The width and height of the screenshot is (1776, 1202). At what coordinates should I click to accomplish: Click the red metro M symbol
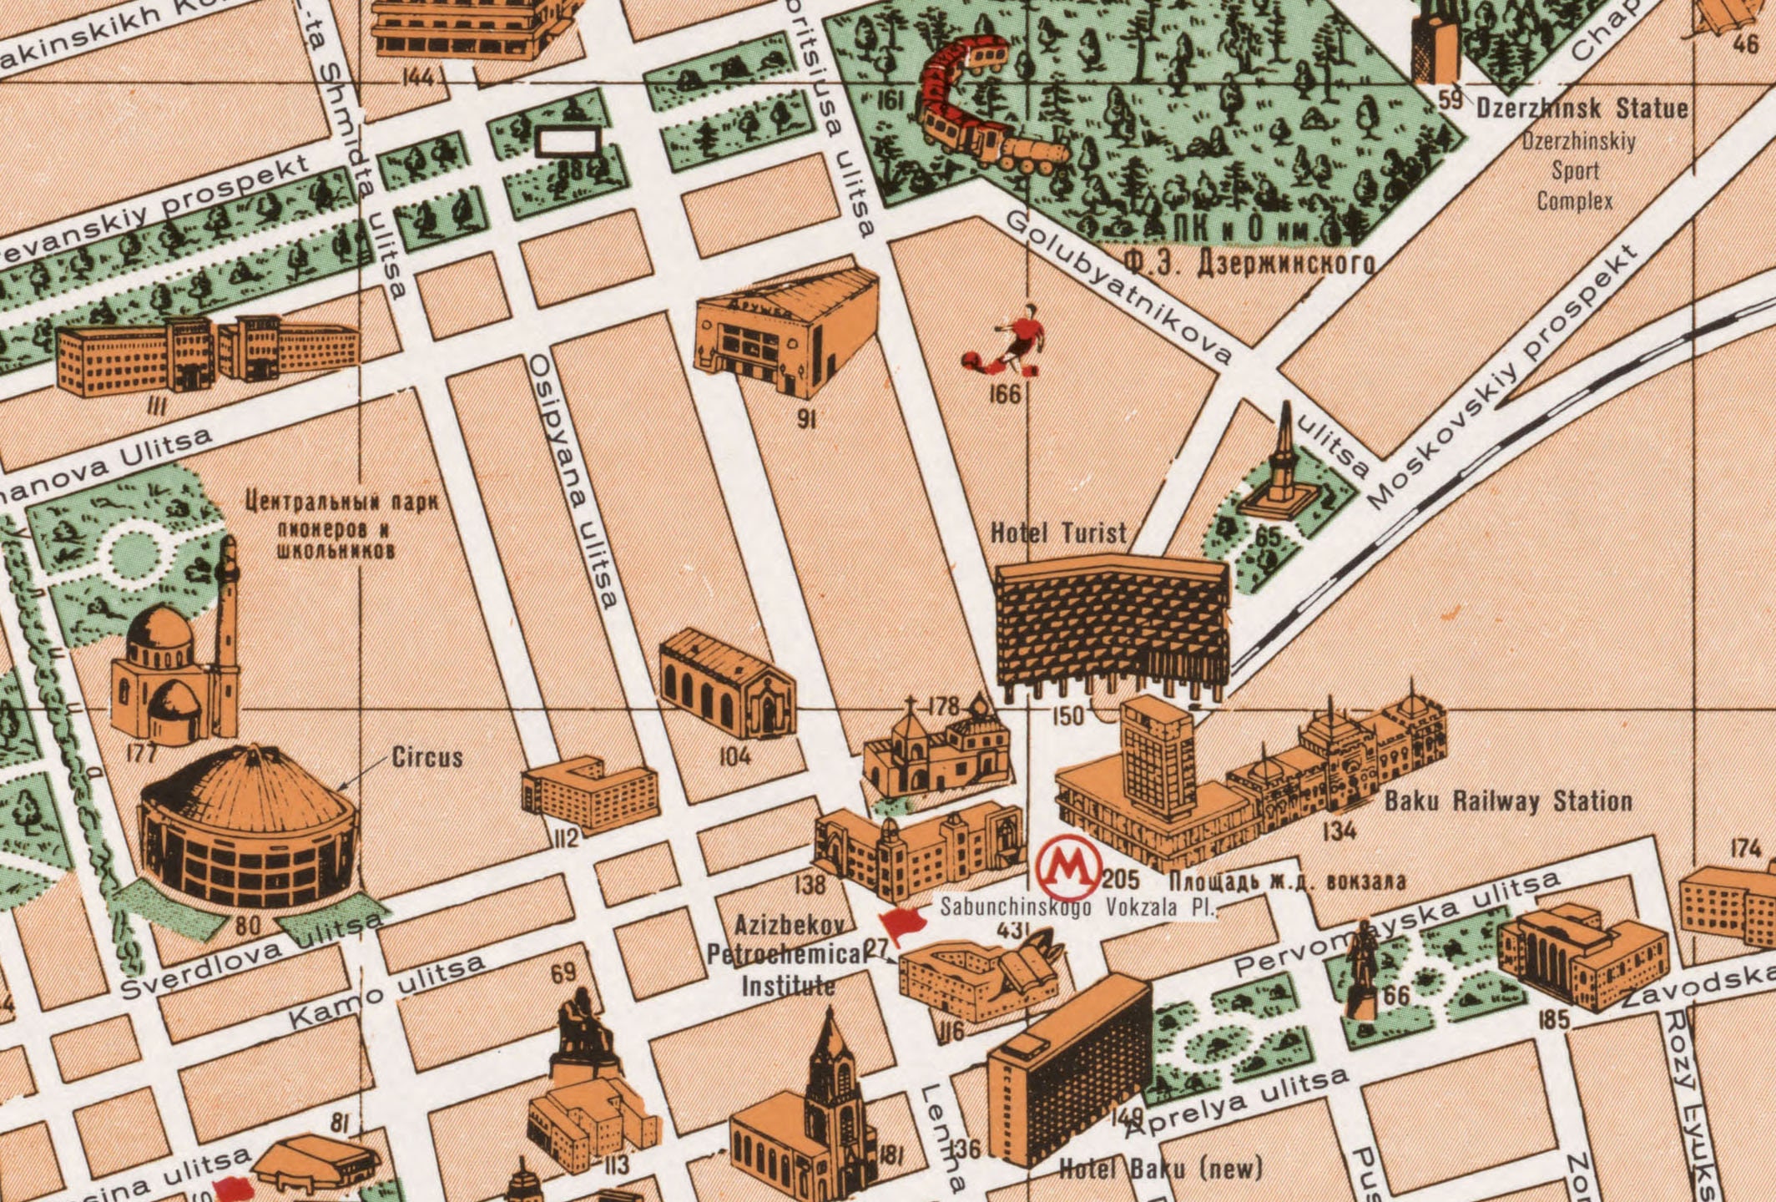pos(1068,868)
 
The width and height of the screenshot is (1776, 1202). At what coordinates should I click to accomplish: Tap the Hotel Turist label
pos(1057,533)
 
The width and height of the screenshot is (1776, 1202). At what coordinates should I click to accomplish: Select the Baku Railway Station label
pos(1508,801)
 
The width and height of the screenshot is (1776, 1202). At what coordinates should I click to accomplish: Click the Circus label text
pos(427,757)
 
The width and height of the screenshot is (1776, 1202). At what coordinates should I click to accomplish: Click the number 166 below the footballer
pos(1005,394)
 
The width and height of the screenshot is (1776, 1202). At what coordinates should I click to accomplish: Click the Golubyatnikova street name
pos(1118,288)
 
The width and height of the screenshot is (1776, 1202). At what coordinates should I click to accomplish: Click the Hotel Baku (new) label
pos(1160,1169)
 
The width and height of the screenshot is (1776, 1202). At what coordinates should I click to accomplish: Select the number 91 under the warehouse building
pos(805,419)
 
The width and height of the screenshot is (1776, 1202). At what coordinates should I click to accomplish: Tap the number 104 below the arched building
pos(735,756)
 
